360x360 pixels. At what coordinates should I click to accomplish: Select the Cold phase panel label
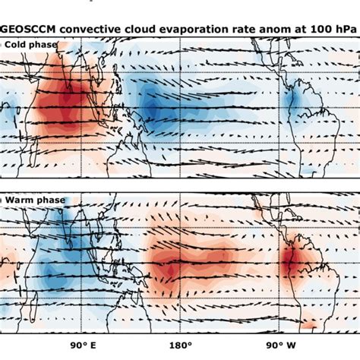pyautogui.click(x=30, y=44)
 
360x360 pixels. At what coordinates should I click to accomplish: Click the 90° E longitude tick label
pyautogui.click(x=84, y=349)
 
